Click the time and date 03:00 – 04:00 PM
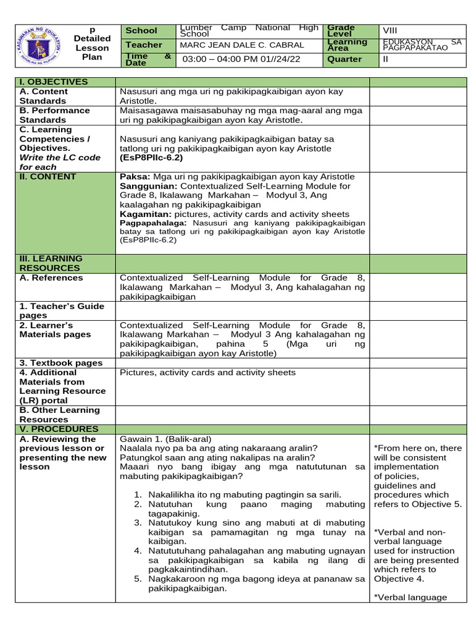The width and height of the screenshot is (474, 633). pos(225,59)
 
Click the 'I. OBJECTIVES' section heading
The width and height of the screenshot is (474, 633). pos(54,82)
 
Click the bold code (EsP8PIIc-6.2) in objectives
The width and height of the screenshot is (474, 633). pos(151,158)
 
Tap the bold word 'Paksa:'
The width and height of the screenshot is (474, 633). pos(135,177)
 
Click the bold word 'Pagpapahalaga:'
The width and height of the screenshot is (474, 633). pos(154,223)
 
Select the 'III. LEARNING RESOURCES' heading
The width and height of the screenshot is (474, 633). pos(51,263)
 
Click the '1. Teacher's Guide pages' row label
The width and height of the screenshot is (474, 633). pos(62,311)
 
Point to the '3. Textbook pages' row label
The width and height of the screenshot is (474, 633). pos(60,363)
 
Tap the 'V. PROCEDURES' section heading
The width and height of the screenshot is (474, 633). pos(59,429)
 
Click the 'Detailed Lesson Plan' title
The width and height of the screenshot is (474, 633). pos(92,43)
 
